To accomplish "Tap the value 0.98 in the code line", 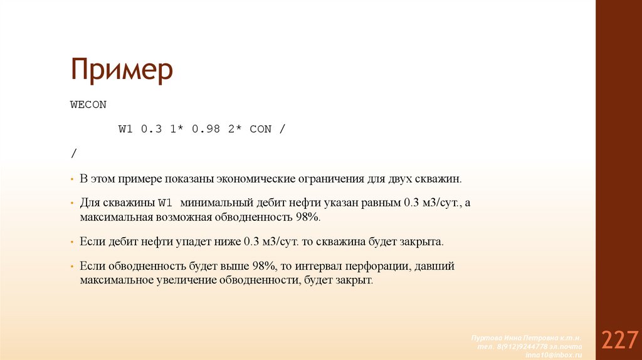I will point(206,129).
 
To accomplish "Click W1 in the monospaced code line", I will point(126,129).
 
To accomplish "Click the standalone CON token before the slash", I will point(260,129).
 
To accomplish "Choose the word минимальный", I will point(216,203).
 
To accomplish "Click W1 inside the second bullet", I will point(165,203).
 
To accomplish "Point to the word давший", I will point(434,266).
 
